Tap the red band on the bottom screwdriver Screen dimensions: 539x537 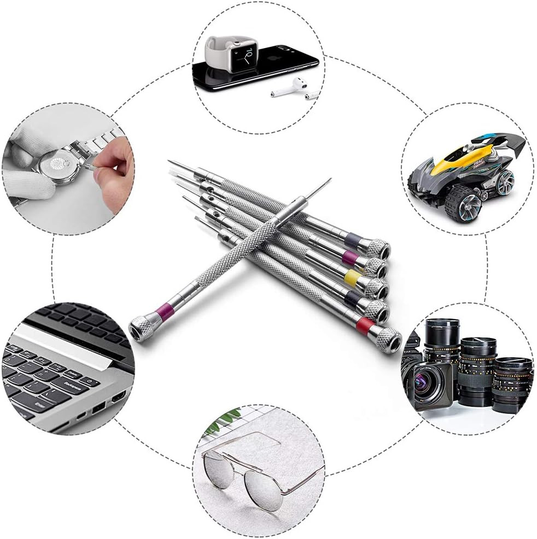point(365,325)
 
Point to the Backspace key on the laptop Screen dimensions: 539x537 point(72,384)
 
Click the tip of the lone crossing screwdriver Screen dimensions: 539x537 point(330,180)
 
